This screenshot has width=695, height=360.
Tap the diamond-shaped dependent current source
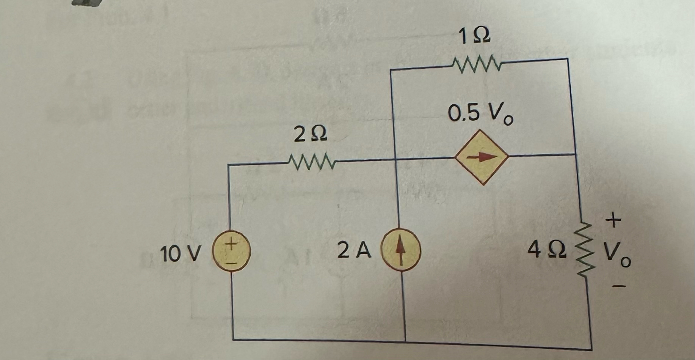(481, 157)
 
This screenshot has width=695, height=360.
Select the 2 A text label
(354, 251)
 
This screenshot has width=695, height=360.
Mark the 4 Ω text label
(546, 251)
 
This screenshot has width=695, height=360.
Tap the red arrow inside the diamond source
(481, 157)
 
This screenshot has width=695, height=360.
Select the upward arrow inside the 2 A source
(399, 251)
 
